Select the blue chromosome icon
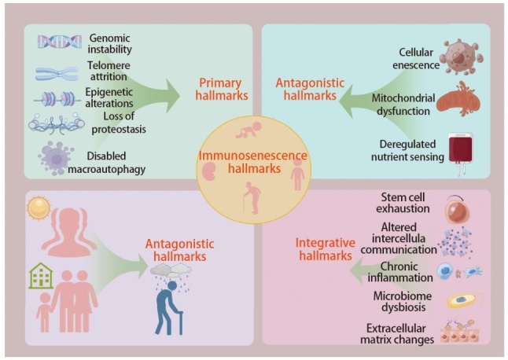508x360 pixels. pos(57,75)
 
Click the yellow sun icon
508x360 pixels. pos(38,208)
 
